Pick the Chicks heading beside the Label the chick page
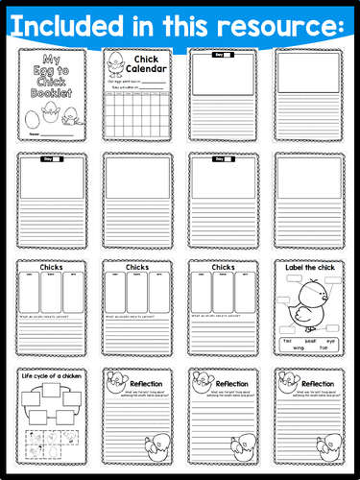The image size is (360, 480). pyautogui.click(x=222, y=268)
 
